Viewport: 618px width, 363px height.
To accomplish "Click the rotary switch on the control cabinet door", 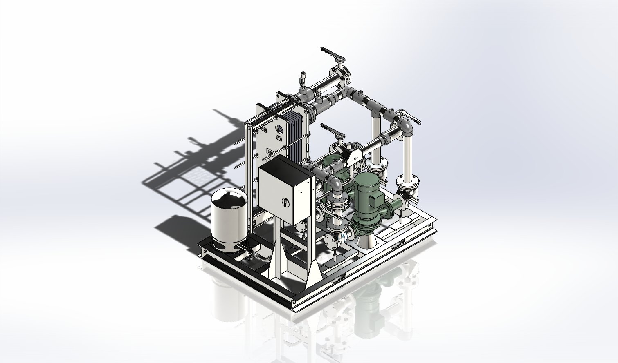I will pyautogui.click(x=285, y=202).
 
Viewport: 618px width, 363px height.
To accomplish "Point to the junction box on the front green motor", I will pyautogui.click(x=375, y=200).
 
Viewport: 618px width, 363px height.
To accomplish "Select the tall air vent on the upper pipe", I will pyautogui.click(x=303, y=80).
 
